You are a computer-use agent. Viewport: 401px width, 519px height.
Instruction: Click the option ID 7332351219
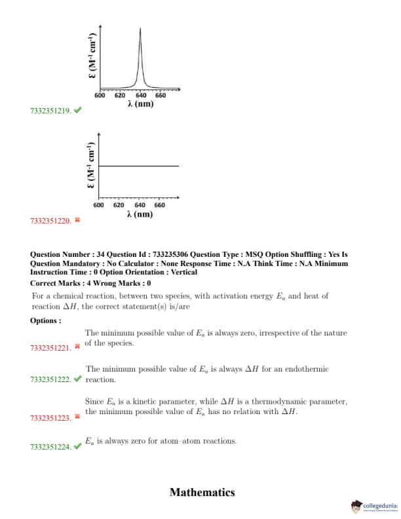coord(50,111)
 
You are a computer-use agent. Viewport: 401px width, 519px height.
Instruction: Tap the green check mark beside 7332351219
coord(78,111)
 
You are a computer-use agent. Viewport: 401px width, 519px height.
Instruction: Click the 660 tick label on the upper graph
coord(161,96)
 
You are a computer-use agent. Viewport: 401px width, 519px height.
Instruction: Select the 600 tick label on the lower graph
coord(98,205)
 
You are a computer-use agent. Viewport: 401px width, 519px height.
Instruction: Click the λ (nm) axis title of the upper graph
coord(140,104)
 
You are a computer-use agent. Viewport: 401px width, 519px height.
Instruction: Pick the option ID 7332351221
coord(50,347)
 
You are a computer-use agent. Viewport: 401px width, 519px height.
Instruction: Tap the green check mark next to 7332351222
coord(78,379)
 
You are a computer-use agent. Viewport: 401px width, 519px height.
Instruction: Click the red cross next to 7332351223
coord(77,416)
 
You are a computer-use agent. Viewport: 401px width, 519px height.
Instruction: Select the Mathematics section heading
coord(202,492)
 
